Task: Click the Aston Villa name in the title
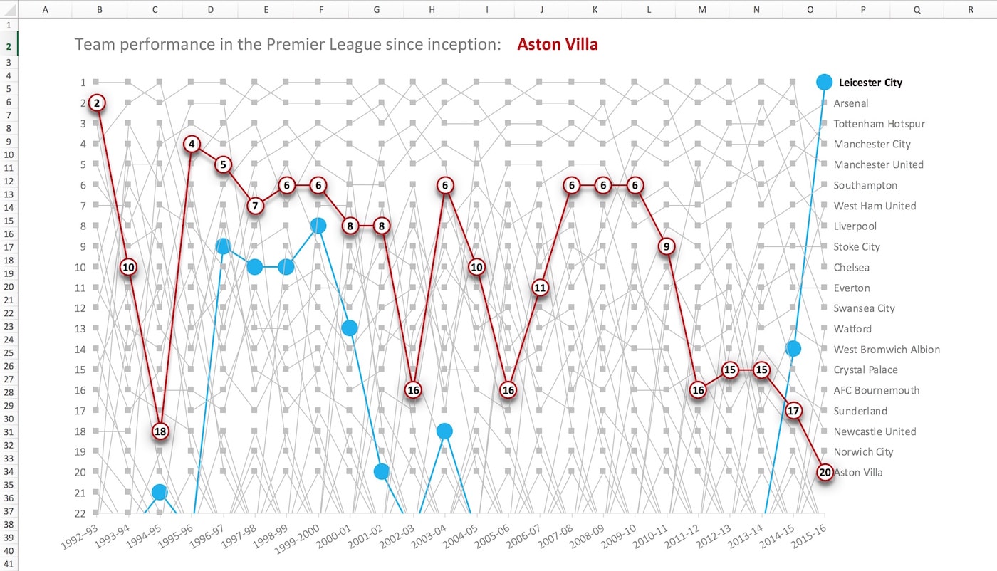(557, 45)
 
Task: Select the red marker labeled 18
(160, 431)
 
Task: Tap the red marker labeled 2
(97, 103)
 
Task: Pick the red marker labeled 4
(192, 145)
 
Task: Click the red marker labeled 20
(825, 472)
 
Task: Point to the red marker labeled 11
(540, 288)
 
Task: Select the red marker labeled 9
(667, 246)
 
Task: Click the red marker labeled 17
(793, 411)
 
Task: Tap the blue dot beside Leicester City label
(825, 83)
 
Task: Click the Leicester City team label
(870, 83)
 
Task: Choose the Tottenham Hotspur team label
(879, 124)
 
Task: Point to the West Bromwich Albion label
(887, 350)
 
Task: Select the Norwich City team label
(863, 451)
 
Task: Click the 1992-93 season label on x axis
(79, 537)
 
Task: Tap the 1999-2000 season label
(297, 539)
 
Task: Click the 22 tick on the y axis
(80, 513)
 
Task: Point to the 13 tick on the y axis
(80, 329)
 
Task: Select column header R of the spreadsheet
(970, 9)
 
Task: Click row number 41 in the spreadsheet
(9, 564)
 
